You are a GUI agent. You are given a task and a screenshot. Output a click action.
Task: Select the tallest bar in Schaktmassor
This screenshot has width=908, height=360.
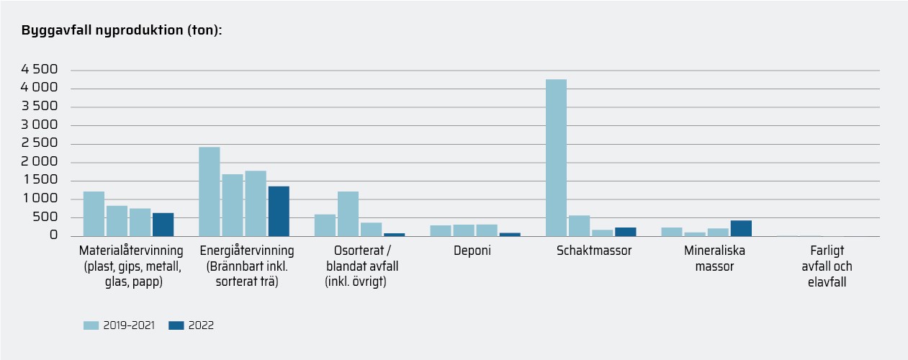(556, 158)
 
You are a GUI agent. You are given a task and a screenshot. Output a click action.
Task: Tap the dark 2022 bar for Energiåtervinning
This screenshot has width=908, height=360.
(279, 211)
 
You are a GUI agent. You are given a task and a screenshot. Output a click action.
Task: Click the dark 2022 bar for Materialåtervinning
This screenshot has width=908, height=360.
(163, 225)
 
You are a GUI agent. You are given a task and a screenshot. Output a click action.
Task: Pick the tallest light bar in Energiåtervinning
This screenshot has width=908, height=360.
(210, 192)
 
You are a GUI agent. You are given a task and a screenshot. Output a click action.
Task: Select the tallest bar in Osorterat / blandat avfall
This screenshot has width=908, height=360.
(348, 214)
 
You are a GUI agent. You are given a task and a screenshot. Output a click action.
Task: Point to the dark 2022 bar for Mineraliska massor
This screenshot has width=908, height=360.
(741, 228)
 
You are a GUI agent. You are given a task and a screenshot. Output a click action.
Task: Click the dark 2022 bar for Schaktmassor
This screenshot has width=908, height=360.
(625, 232)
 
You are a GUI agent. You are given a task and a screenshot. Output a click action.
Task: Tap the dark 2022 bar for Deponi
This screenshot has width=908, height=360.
(510, 234)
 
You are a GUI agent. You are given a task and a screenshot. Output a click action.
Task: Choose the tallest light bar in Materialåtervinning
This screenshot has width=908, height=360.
(94, 214)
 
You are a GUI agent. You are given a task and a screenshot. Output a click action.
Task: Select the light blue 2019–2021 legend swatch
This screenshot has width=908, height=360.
(91, 325)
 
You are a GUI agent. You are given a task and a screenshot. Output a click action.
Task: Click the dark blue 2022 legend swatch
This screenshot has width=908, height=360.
(176, 325)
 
